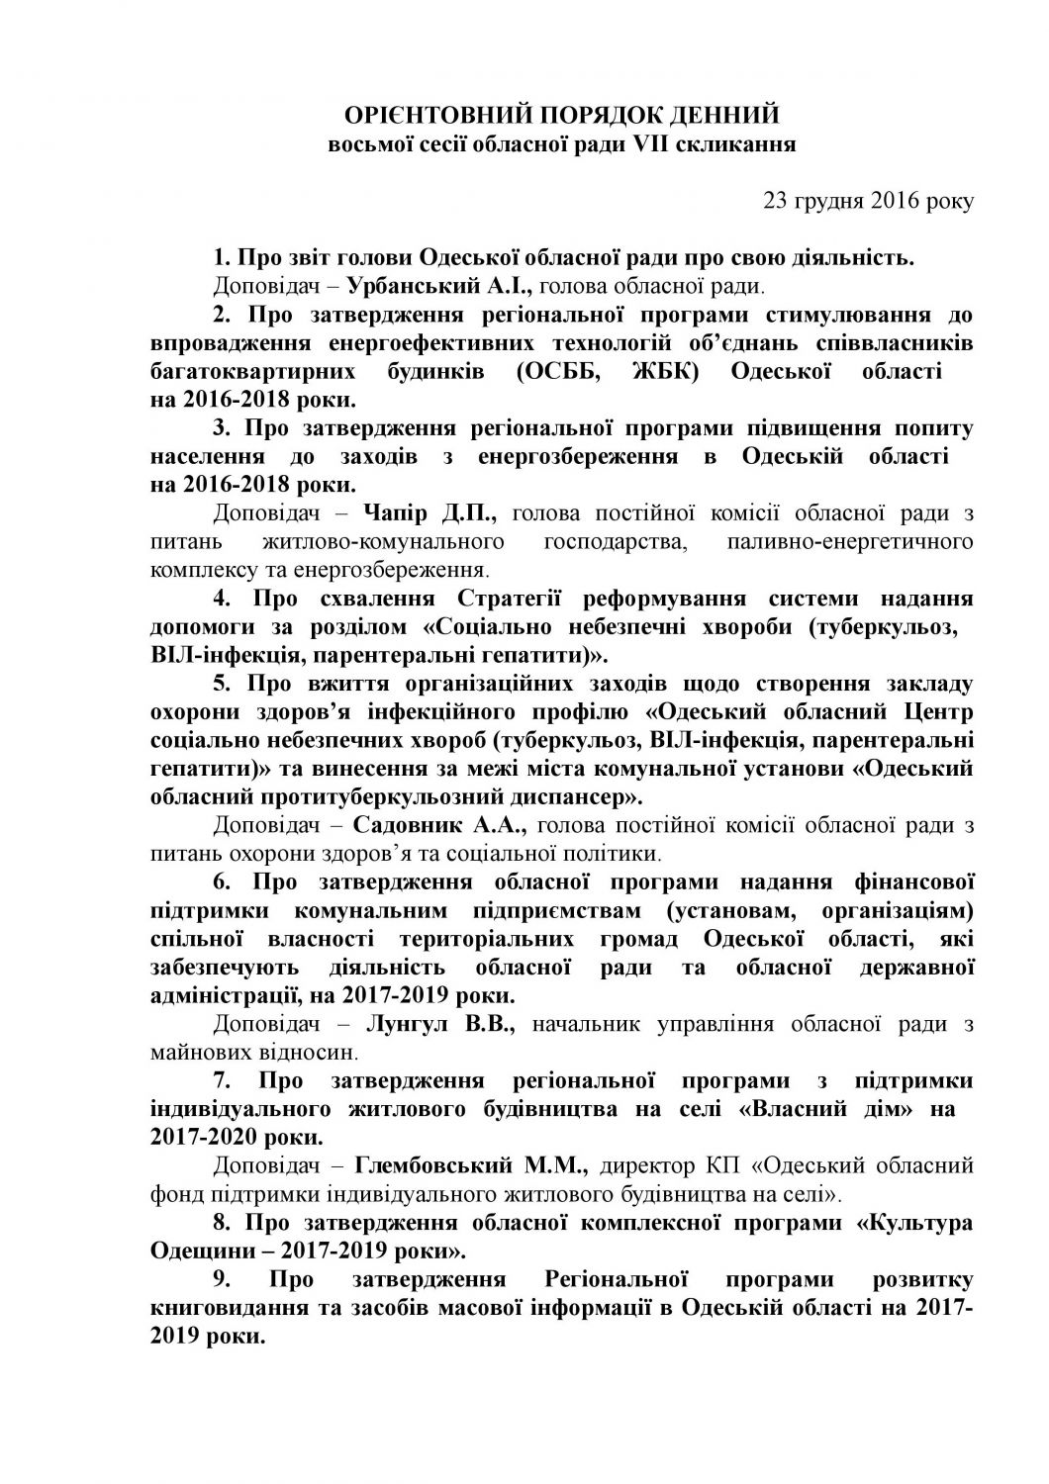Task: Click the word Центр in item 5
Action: pos(939,712)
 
